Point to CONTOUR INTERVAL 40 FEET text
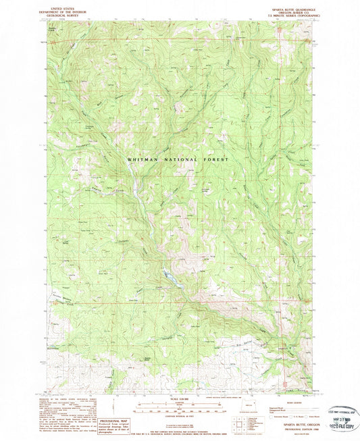click(x=179, y=413)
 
